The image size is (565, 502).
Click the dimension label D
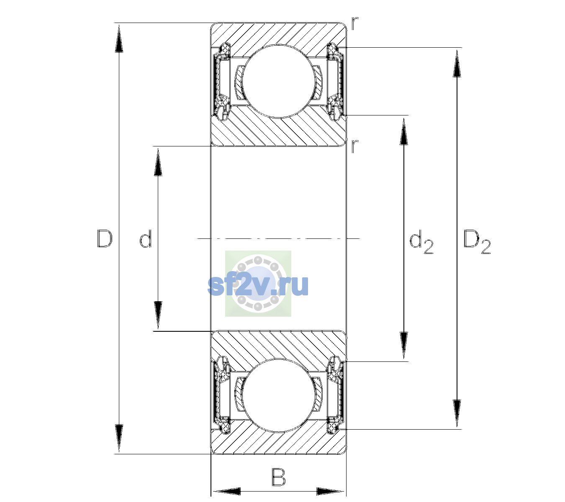tap(105, 238)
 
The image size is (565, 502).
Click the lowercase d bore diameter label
tap(146, 238)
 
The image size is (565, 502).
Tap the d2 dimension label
tap(421, 241)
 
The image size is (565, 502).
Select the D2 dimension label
tap(477, 242)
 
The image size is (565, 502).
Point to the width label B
tap(278, 477)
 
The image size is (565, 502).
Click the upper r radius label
tap(355, 23)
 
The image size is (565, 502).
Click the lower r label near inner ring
tap(354, 146)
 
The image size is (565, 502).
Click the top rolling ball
tap(278, 81)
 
